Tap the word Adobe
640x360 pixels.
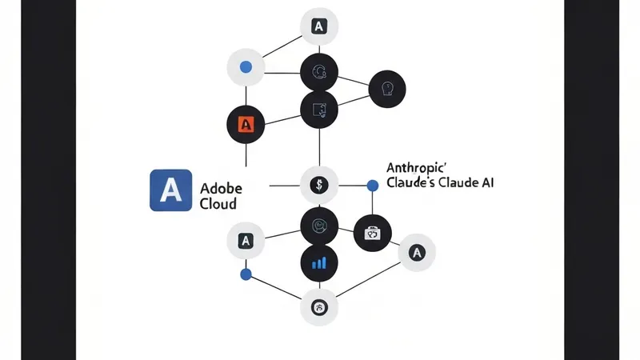coord(222,189)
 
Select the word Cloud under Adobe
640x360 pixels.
coord(218,205)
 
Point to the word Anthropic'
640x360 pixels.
coord(419,168)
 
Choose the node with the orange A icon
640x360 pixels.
coord(246,125)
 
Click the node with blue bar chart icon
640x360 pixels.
coord(318,262)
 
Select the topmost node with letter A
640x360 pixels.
coord(318,26)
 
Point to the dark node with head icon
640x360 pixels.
coord(386,87)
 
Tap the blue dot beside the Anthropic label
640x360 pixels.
coord(372,186)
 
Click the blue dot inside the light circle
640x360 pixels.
coord(246,66)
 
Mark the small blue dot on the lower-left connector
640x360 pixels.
coord(246,274)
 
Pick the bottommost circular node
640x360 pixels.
coord(318,307)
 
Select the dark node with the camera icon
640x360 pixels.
coord(373,234)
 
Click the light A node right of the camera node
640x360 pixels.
coord(416,254)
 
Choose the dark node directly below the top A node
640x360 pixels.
coord(318,74)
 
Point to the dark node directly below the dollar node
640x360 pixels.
coord(318,225)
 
